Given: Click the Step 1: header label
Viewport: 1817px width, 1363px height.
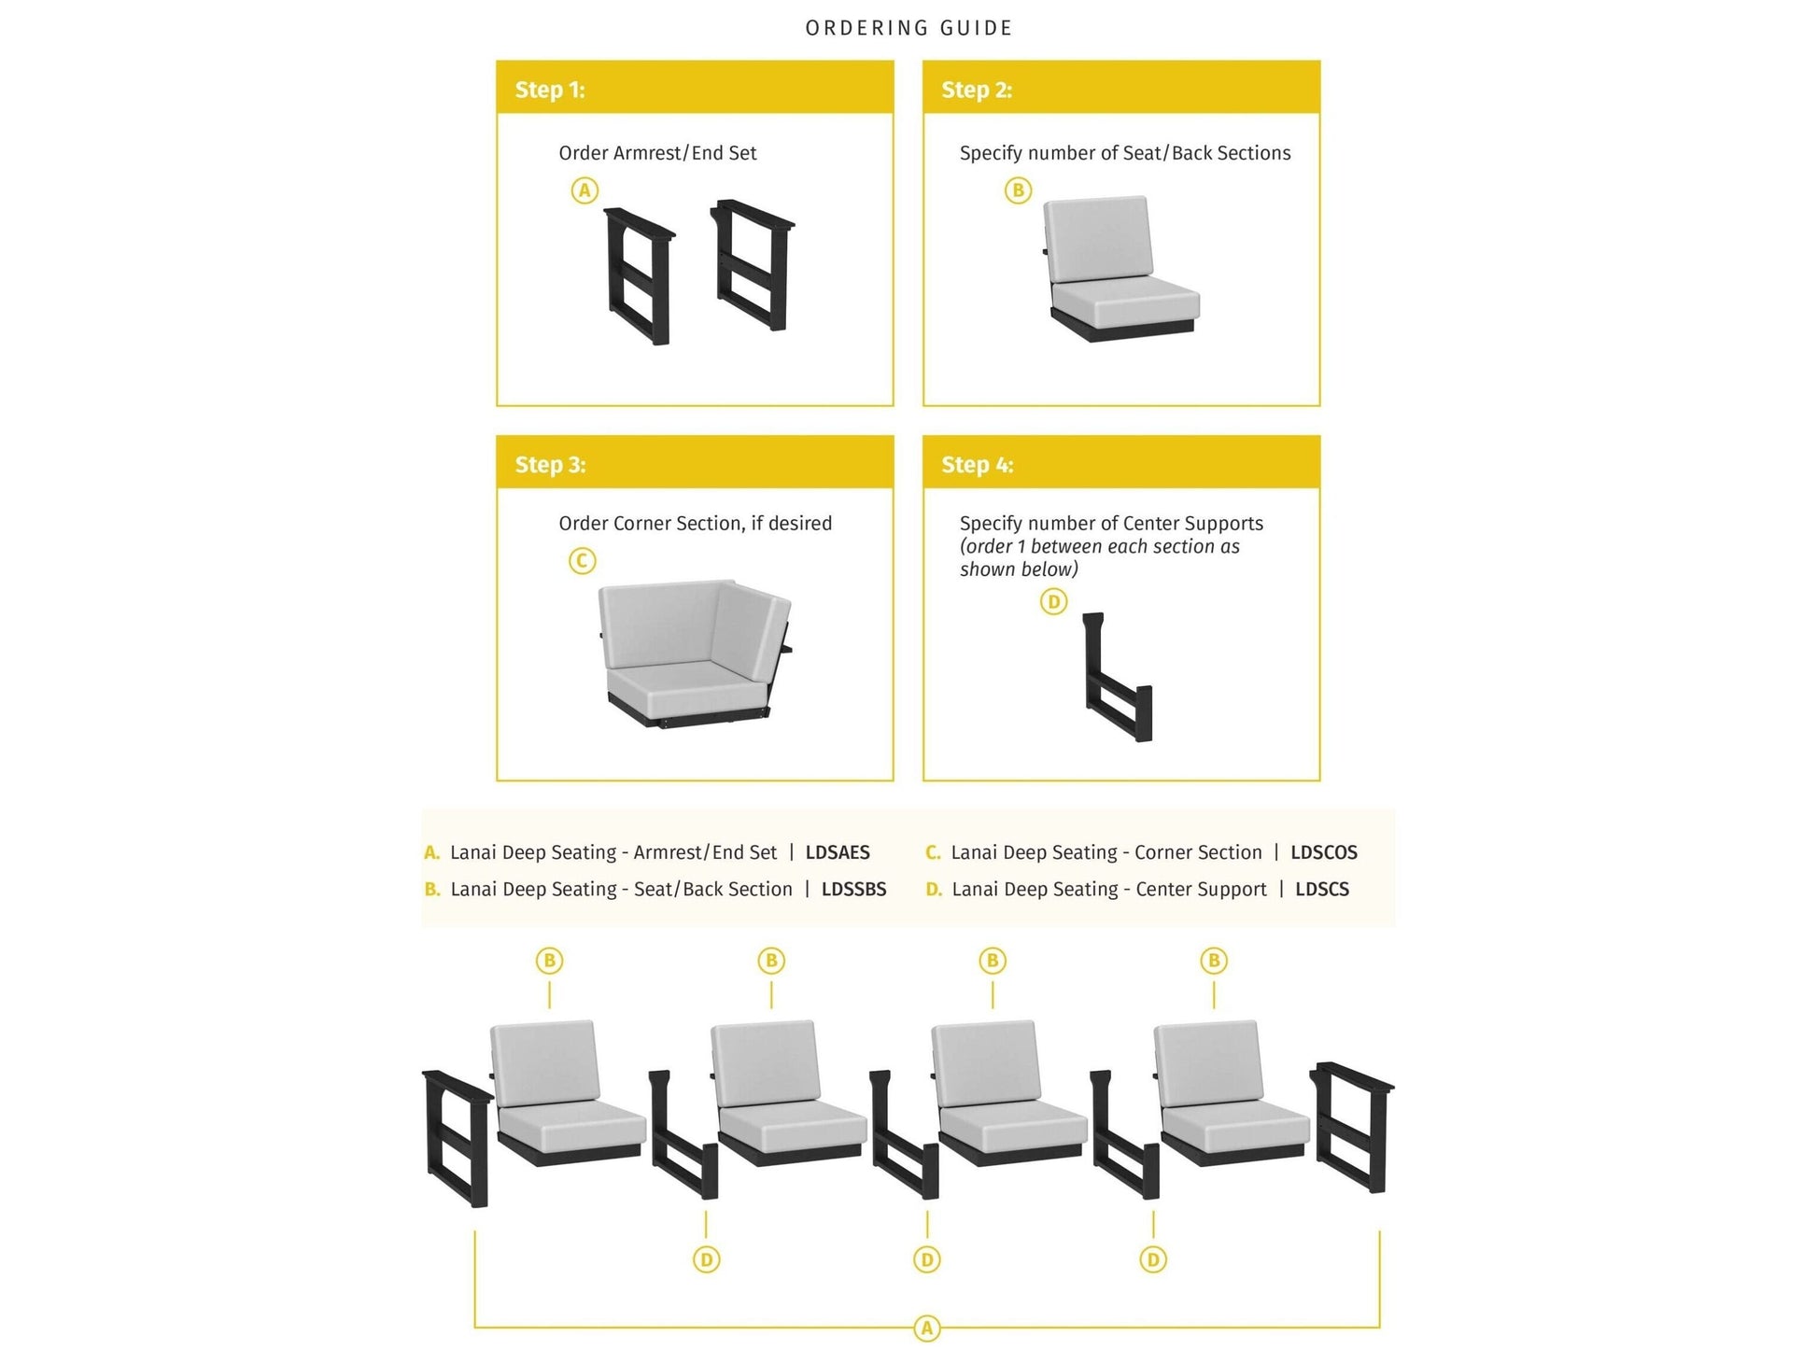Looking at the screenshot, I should click(x=549, y=90).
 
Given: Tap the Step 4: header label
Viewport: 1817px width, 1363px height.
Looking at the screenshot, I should click(x=977, y=465).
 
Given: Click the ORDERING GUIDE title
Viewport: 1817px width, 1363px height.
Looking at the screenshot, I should click(x=908, y=28).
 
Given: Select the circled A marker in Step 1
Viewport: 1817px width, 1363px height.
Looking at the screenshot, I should click(x=585, y=190).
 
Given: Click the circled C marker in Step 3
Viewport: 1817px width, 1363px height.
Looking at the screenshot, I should click(x=583, y=561).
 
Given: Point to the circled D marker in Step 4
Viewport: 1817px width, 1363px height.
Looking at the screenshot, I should click(x=1053, y=602).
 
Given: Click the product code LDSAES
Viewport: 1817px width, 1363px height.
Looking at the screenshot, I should click(x=838, y=852).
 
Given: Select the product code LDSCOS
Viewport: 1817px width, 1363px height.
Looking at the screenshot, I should click(x=1323, y=852).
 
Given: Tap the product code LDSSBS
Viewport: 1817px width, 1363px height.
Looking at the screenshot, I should click(x=853, y=890).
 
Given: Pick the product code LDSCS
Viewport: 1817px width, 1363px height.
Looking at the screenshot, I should click(x=1321, y=890).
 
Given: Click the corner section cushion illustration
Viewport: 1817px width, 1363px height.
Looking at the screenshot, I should click(x=693, y=653).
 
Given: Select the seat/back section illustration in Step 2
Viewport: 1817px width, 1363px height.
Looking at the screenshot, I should click(x=1117, y=269).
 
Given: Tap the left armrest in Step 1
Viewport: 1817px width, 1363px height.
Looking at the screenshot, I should click(x=639, y=276).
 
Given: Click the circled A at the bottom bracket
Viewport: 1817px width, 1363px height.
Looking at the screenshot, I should click(x=926, y=1328).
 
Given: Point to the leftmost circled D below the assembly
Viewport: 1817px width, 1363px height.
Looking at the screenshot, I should click(x=706, y=1260).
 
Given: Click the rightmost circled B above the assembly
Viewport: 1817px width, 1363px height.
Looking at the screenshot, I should click(x=1214, y=961).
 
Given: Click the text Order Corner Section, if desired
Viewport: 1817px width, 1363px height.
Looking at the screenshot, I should click(x=695, y=524).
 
